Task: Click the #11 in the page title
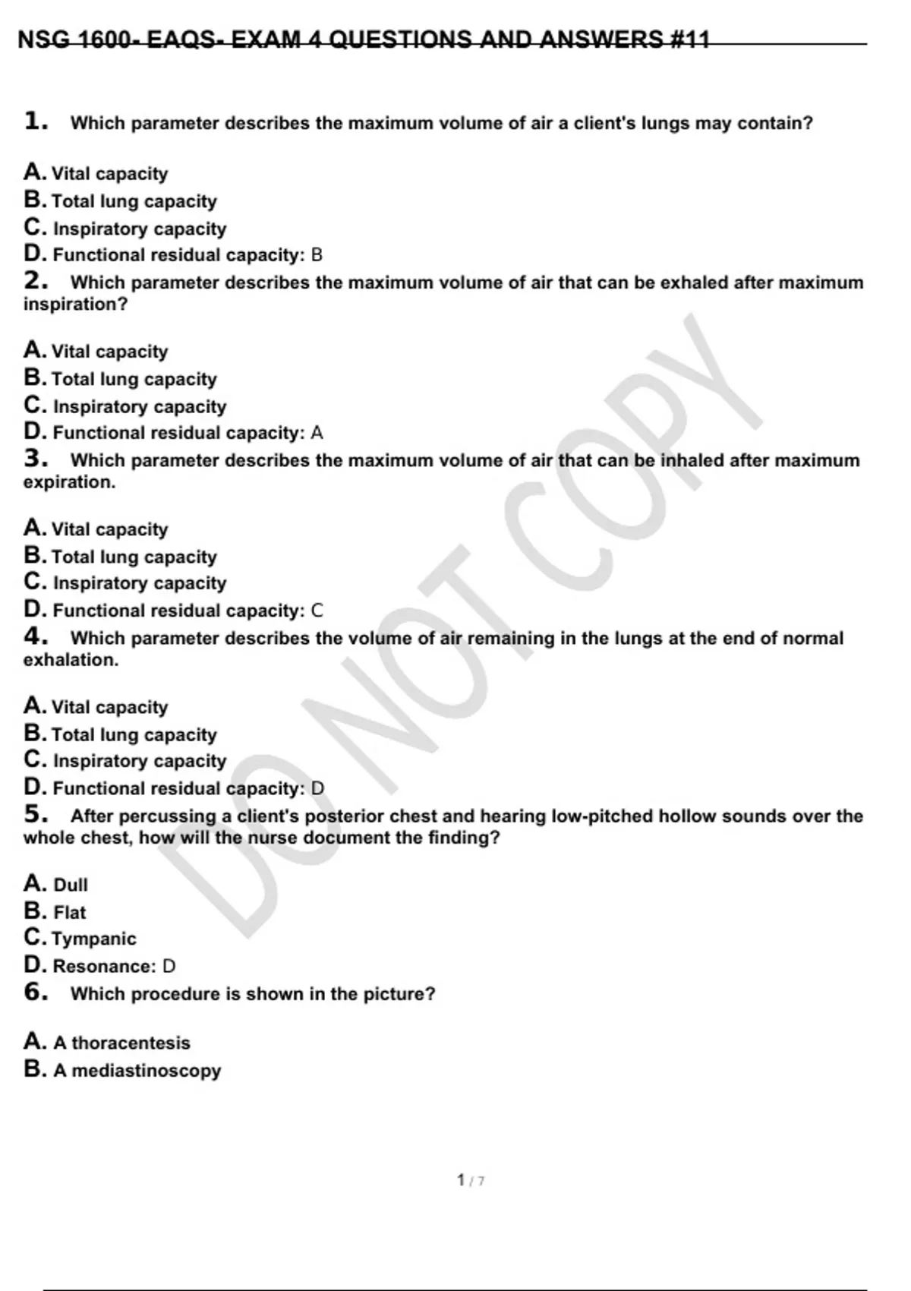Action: click(689, 39)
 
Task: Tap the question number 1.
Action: click(36, 122)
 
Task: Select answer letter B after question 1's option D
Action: click(317, 255)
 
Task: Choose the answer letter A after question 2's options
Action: click(317, 433)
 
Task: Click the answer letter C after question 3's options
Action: click(317, 611)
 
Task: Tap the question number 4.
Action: click(36, 636)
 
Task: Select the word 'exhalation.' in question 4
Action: click(71, 660)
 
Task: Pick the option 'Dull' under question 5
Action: click(71, 885)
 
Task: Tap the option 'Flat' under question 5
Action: click(70, 912)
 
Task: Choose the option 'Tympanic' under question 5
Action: click(94, 939)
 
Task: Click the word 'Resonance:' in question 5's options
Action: click(104, 966)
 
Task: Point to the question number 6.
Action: click(36, 992)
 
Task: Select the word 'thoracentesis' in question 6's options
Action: click(131, 1043)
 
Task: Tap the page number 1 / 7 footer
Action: click(471, 1180)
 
